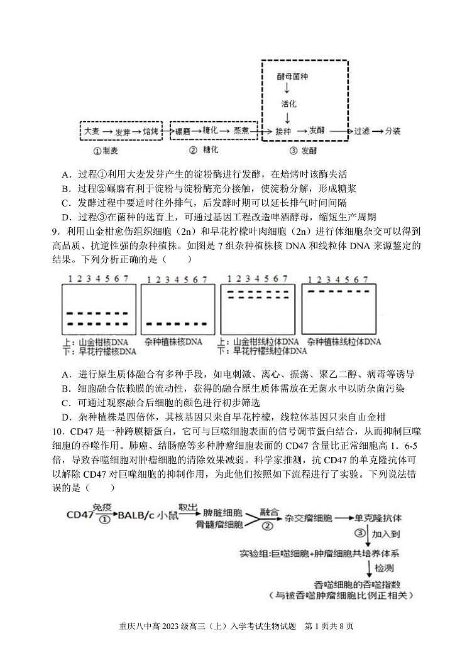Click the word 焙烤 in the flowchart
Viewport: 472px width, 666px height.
(150, 131)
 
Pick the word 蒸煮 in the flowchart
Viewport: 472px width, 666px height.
(242, 130)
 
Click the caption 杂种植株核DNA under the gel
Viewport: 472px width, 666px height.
(173, 342)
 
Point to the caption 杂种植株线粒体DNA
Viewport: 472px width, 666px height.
(344, 342)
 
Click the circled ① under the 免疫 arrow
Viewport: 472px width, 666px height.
(104, 520)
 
